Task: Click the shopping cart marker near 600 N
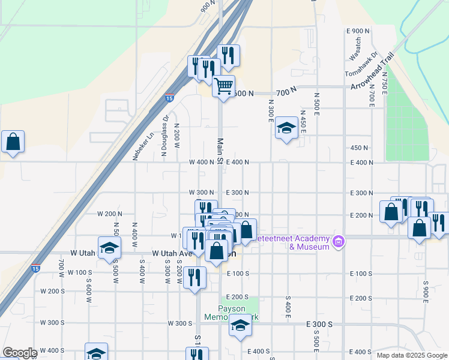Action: click(x=223, y=87)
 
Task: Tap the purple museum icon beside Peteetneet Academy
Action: click(x=339, y=242)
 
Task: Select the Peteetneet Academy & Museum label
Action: click(x=293, y=242)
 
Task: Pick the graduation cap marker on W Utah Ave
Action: click(x=109, y=248)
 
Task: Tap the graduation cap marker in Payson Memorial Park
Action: click(x=240, y=326)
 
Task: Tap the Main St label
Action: click(x=220, y=151)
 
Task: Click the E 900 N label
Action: click(x=358, y=31)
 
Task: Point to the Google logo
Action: click(x=20, y=353)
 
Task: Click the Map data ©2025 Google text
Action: click(x=411, y=355)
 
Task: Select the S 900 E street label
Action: click(x=426, y=291)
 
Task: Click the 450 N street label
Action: click(x=359, y=148)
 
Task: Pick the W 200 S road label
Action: click(x=52, y=291)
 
